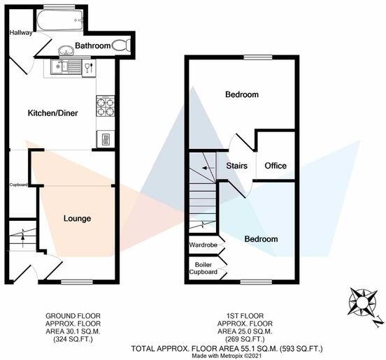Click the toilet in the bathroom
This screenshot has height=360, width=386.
tap(122, 46)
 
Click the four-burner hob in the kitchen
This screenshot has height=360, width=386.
tap(105, 105)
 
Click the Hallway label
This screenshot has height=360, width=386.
tap(21, 33)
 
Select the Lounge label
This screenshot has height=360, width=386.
tap(78, 219)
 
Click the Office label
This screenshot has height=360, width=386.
tap(276, 166)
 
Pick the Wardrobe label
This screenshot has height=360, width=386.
tap(203, 245)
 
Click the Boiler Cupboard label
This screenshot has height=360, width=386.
tap(203, 268)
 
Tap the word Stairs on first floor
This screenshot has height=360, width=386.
tap(237, 166)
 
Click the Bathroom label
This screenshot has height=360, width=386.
tap(94, 46)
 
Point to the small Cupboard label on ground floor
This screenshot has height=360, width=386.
tap(18, 185)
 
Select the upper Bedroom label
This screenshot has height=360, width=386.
tap(241, 94)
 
